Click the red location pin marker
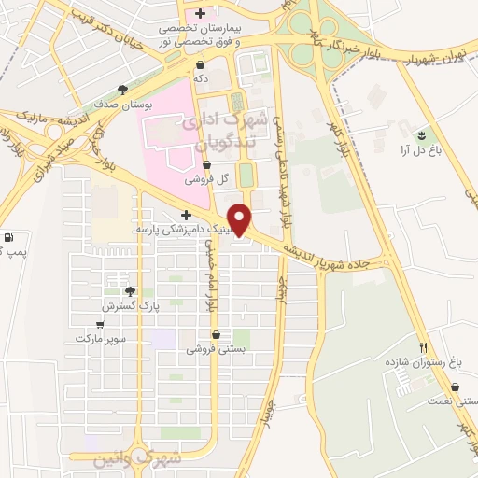pyautogui.click(x=241, y=218)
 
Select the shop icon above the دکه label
pyautogui.click(x=201, y=65)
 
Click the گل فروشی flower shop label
pyautogui.click(x=203, y=178)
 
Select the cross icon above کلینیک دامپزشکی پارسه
pyautogui.click(x=187, y=215)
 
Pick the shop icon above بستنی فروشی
pyautogui.click(x=217, y=334)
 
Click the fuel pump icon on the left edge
pyautogui.click(x=7, y=237)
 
